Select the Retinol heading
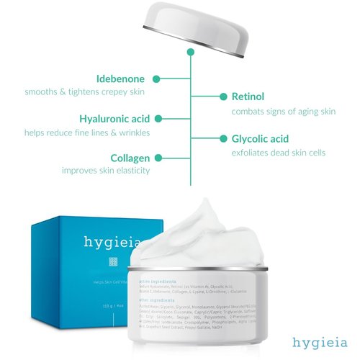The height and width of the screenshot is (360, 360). click(249, 96)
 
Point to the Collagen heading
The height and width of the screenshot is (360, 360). click(130, 158)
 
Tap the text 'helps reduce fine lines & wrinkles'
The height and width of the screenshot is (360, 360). click(86, 132)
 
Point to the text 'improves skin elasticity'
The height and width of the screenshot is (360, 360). click(105, 171)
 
